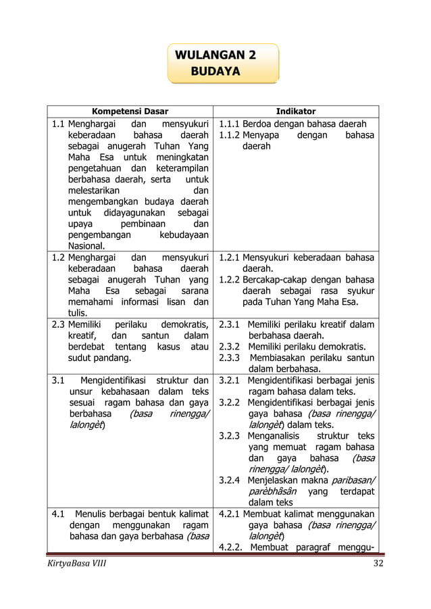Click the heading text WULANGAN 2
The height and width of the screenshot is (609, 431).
coord(215,55)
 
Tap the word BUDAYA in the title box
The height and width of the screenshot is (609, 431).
coord(215,71)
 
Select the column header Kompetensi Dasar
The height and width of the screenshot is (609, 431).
coord(130,111)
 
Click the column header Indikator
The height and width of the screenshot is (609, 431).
coord(295,111)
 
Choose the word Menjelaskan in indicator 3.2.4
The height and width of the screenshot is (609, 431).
coord(278,480)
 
